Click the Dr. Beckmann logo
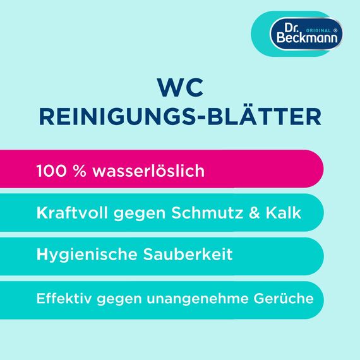[301, 33]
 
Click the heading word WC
[180, 88]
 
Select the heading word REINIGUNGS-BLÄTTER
[180, 117]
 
